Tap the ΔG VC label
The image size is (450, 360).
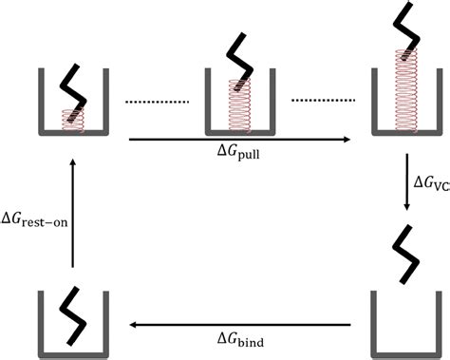tap(430, 182)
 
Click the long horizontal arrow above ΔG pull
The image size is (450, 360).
tap(237, 139)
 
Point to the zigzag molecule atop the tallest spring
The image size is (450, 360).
tap(404, 28)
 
